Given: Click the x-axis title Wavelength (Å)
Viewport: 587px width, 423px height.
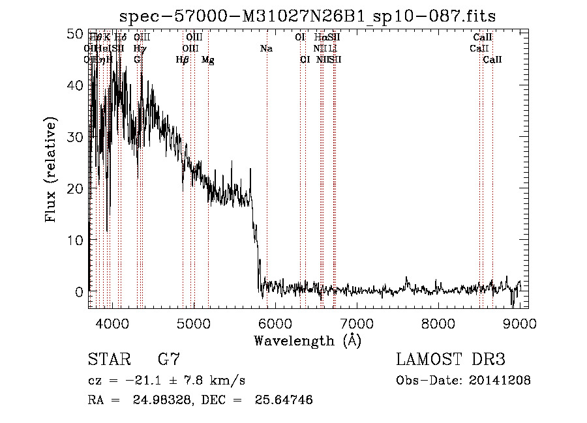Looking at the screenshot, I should point(307,340).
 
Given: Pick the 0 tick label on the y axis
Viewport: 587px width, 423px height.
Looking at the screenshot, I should point(80,291).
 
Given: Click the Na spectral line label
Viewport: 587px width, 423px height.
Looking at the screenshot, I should point(266,49).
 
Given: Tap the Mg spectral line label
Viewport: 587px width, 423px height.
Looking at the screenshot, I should point(207,60).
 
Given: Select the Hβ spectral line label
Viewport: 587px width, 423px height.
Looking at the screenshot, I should point(183,60).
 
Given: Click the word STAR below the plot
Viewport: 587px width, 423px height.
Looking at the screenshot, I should point(108,360).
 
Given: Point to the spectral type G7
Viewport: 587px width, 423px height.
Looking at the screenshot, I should point(168,360).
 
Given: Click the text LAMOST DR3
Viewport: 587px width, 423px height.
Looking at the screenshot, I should point(451,360).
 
